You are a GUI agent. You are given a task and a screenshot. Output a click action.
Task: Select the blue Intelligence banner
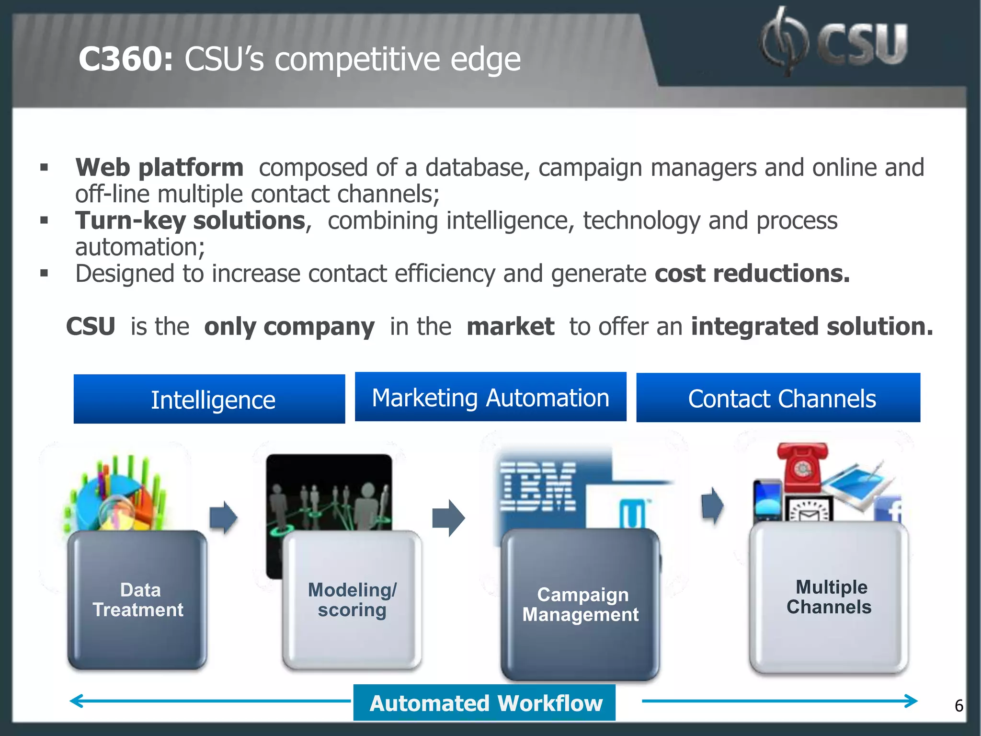(x=209, y=399)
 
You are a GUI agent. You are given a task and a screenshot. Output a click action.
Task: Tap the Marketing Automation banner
(x=490, y=397)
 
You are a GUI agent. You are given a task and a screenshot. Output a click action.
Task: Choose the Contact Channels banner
(x=778, y=398)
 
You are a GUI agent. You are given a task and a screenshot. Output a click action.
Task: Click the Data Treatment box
(x=137, y=600)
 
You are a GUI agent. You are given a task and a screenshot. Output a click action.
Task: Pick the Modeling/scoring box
(x=352, y=600)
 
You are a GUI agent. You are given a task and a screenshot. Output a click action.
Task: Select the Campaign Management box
(x=581, y=605)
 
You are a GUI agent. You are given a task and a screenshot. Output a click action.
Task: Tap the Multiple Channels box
(x=829, y=598)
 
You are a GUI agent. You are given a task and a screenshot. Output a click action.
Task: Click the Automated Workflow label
(x=485, y=703)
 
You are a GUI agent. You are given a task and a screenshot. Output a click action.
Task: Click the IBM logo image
(x=537, y=487)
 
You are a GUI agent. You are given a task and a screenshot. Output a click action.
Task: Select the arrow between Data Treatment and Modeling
(x=223, y=517)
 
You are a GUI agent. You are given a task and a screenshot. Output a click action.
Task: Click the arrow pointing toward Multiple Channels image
(x=712, y=506)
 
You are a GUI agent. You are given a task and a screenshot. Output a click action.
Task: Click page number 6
(x=958, y=706)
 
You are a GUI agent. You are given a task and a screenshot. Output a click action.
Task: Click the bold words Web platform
(x=160, y=168)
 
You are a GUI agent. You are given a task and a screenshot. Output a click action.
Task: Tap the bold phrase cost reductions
(x=752, y=274)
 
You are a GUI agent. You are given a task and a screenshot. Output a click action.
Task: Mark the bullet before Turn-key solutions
(x=44, y=220)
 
